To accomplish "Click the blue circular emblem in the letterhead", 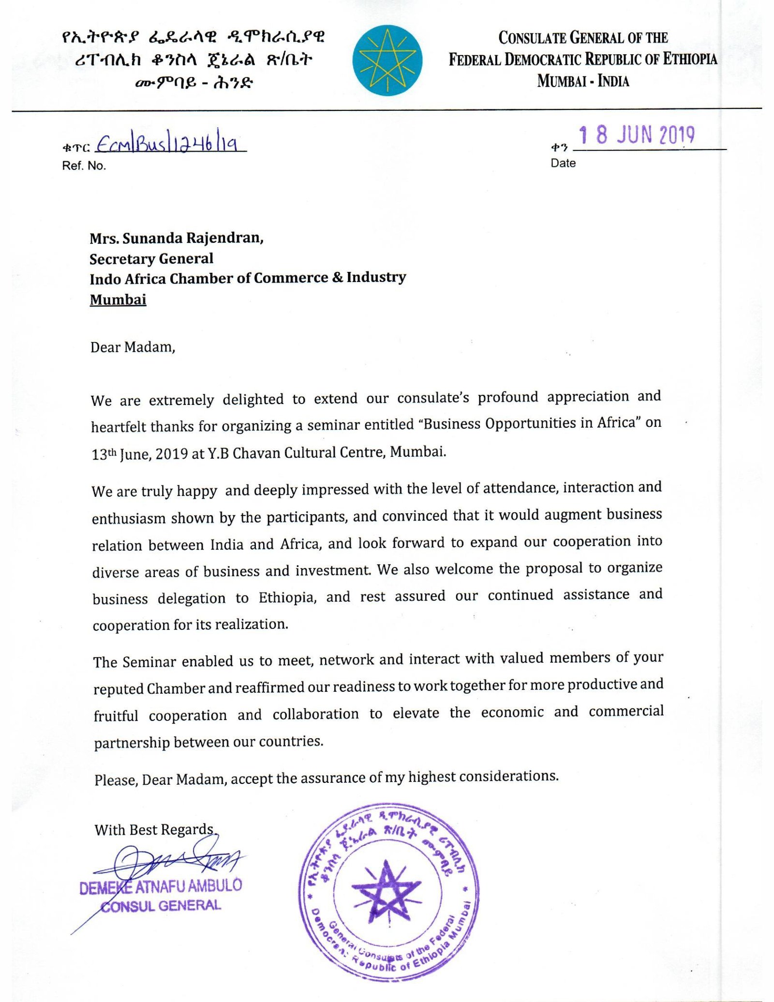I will coord(387,60).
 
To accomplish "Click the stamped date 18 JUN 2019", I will coord(637,135).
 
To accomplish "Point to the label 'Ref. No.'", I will coord(84,166).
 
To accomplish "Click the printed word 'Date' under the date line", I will coord(563,163).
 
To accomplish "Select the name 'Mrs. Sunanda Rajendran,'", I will coord(177,239).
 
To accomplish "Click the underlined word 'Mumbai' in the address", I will coord(118,299).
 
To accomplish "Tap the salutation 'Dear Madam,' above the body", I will coord(133,347).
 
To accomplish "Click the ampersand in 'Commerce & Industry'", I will coord(337,277).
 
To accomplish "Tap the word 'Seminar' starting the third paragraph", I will coord(149,662).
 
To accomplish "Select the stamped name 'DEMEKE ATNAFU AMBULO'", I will coord(161,887).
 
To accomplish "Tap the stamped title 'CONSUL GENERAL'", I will coord(161,906).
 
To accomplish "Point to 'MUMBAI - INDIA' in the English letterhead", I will coord(582,81).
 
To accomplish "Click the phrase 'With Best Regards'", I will coord(154,830).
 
